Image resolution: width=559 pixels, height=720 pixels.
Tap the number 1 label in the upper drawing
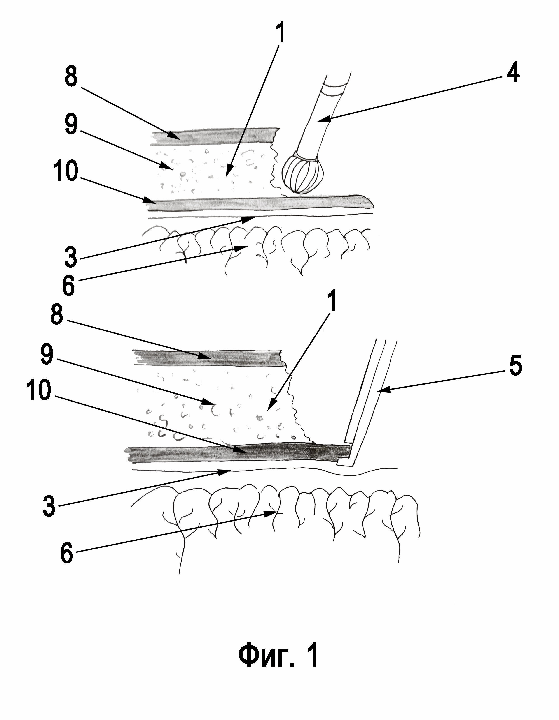pos(280,32)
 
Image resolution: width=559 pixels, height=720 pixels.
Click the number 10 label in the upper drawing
pos(66,171)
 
